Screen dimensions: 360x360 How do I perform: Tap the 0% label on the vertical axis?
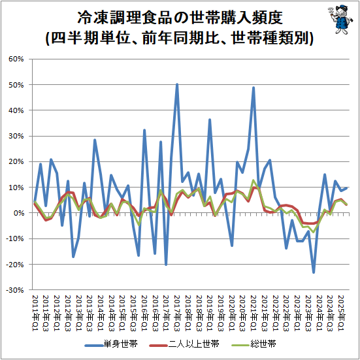click(18, 213)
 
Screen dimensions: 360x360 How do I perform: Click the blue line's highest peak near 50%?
click(177, 84)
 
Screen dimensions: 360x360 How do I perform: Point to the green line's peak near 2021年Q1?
click(254, 180)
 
